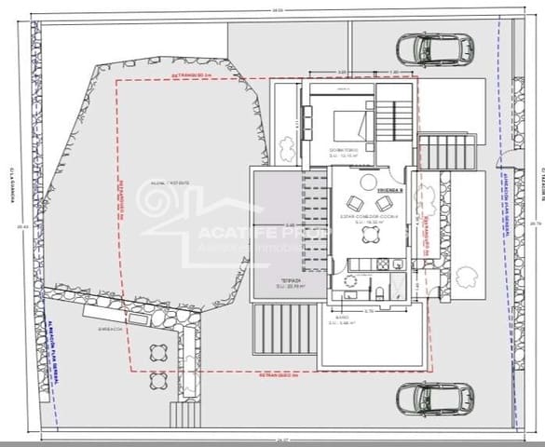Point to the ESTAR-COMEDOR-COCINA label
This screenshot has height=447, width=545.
pos(369,217)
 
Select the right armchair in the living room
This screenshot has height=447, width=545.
pos(384,203)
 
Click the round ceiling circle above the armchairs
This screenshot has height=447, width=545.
pos(369,181)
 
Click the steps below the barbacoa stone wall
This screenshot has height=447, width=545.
pos(183,413)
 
